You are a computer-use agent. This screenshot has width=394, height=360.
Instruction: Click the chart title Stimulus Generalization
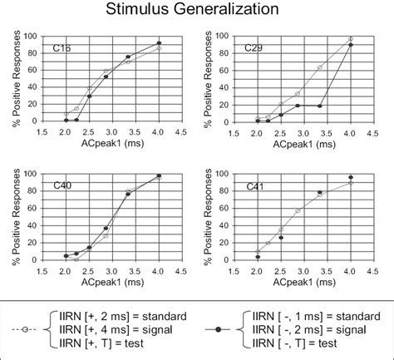[x=196, y=11]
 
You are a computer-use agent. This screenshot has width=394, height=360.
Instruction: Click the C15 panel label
[x=62, y=49]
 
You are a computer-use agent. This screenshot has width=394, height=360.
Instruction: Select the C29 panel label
[x=254, y=50]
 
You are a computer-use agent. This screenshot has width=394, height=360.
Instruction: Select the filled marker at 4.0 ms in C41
[x=350, y=177]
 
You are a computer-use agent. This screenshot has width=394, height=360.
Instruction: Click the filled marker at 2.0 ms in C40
[x=66, y=255]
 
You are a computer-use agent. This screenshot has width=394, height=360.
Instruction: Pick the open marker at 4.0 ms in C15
[x=159, y=48]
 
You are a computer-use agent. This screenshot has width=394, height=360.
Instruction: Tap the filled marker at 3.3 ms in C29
[x=320, y=105]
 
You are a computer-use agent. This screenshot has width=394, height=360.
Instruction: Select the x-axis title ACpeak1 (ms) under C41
[x=303, y=280]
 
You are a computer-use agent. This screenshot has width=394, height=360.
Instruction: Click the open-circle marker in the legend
[x=27, y=329]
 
